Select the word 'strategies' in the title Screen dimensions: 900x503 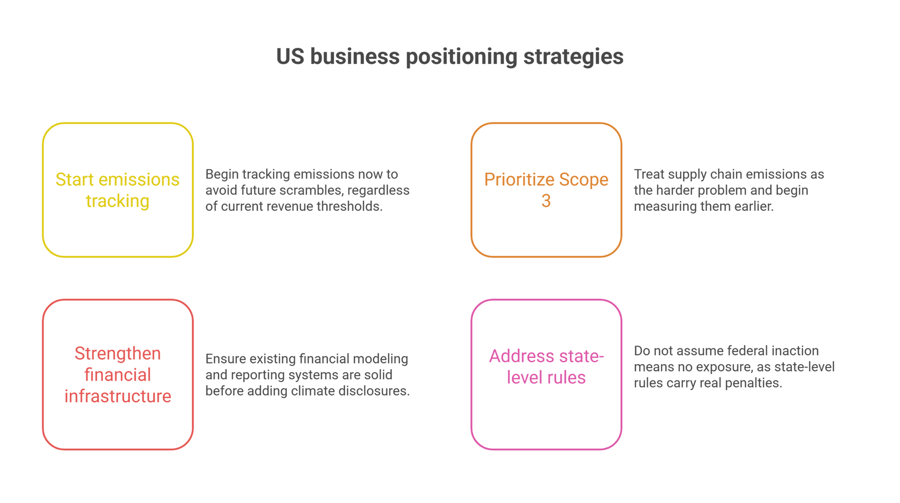tap(573, 57)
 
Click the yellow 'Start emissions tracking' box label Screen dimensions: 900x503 tap(118, 190)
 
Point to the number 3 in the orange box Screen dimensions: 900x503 tap(546, 201)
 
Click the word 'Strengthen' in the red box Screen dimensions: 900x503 tap(118, 354)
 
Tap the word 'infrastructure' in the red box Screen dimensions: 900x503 tap(118, 396)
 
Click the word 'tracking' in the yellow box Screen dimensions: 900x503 tap(118, 201)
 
